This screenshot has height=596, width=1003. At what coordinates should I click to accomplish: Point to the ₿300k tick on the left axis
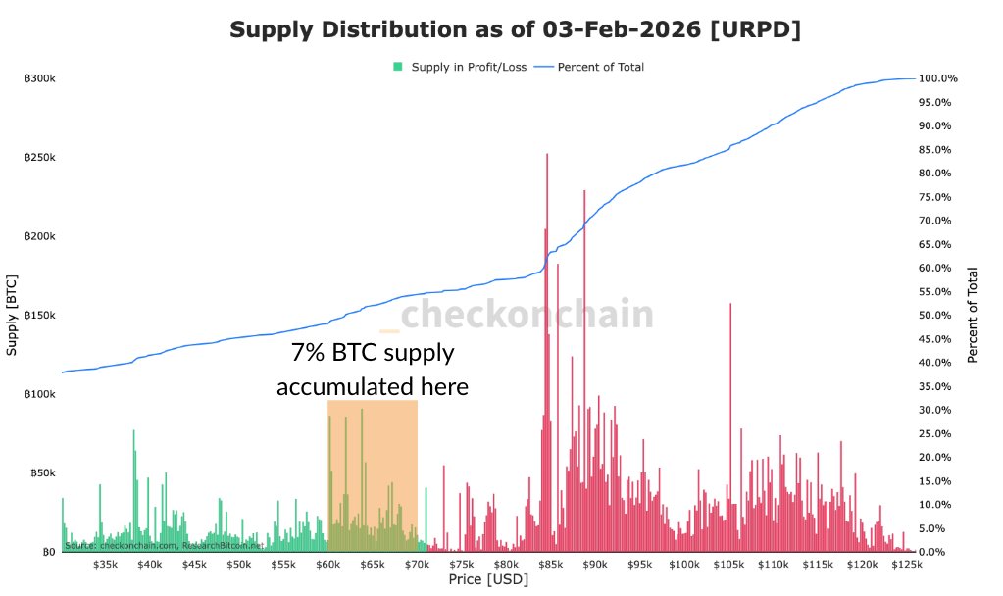(x=40, y=78)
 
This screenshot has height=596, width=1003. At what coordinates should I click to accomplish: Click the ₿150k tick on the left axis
(x=40, y=316)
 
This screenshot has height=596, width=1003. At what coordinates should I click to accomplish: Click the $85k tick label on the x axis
(x=550, y=565)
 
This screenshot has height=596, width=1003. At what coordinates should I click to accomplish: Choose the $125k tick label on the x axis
(x=907, y=565)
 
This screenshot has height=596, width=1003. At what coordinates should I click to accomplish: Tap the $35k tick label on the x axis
(x=105, y=565)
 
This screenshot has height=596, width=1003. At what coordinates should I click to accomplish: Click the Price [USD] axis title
(x=487, y=581)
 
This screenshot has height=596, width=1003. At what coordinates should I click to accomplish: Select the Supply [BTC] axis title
(x=12, y=316)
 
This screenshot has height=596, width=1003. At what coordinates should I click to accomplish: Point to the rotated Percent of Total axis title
(x=973, y=316)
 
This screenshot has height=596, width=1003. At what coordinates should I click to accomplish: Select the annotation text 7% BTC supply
(x=373, y=353)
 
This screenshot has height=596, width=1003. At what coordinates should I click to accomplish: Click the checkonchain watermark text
(x=527, y=315)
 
